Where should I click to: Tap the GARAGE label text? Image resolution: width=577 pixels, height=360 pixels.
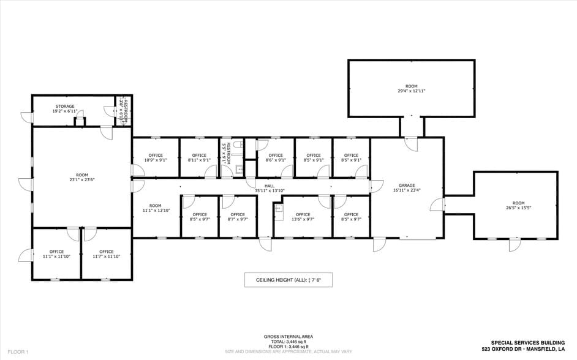point(407,186)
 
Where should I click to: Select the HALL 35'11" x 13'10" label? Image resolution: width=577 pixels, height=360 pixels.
point(269,188)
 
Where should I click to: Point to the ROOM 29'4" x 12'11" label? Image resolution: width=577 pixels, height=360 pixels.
point(411,88)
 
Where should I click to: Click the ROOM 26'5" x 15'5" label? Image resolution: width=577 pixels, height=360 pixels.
point(518,205)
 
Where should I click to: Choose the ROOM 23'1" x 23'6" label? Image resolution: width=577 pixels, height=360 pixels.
point(81,178)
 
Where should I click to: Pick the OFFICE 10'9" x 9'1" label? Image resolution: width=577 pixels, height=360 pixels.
point(156,157)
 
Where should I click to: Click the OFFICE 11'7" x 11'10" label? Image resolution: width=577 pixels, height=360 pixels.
point(106,254)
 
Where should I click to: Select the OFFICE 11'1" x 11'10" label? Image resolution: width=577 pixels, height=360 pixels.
point(56,254)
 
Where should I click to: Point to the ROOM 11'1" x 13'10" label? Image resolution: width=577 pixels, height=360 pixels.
point(155,208)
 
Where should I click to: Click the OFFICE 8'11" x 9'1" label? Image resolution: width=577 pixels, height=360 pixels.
point(199,157)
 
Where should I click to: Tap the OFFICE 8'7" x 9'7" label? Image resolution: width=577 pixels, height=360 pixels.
point(237,217)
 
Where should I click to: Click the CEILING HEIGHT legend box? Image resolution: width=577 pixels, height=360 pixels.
point(288,280)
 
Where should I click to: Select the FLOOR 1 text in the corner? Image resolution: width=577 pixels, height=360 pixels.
point(18,352)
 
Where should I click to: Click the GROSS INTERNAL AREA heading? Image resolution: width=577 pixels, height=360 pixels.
point(288,336)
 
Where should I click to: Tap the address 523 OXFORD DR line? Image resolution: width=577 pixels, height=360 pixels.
point(523,348)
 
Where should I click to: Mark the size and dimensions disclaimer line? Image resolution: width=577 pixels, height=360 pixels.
point(288,352)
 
